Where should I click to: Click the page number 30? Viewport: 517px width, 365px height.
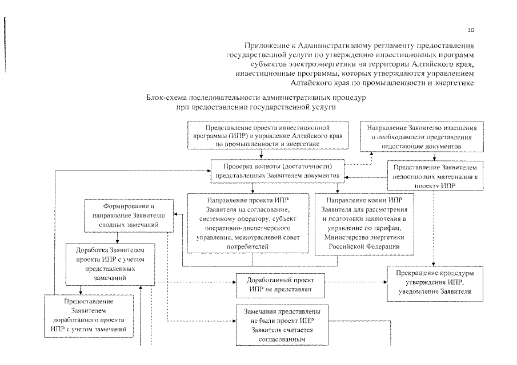(x=471, y=30)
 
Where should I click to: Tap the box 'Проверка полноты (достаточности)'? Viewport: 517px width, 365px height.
(x=278, y=172)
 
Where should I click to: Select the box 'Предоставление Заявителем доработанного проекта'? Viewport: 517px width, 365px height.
(x=89, y=314)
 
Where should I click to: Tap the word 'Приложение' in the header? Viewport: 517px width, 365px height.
(x=266, y=44)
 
